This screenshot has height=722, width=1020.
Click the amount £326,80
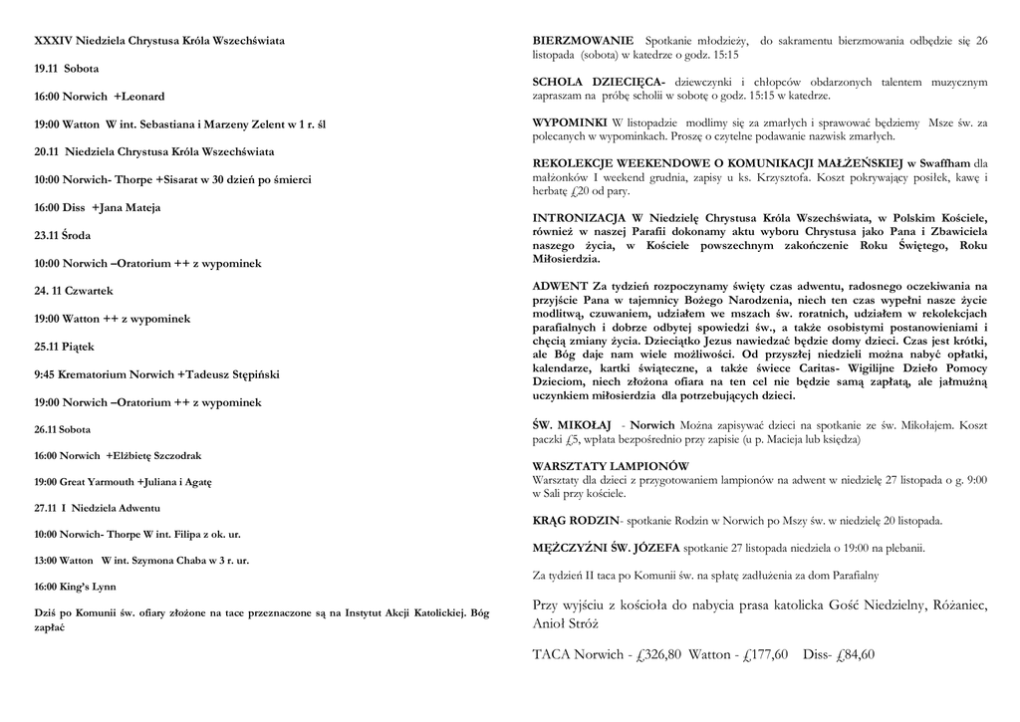tap(658, 655)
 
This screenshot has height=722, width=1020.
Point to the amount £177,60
tap(765, 655)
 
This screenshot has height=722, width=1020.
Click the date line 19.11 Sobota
tap(67, 69)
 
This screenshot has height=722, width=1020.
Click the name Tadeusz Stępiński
tap(231, 374)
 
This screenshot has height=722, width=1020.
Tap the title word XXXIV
tap(53, 41)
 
